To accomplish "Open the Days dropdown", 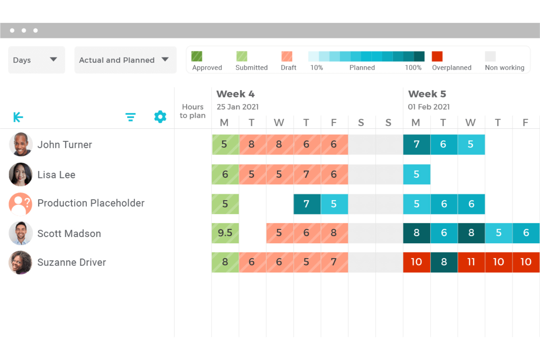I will pos(36,60).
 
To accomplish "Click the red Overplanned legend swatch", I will pos(437,57).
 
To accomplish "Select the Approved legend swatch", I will pos(197,57).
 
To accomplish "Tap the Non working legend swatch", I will pos(490,57).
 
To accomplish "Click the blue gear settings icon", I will pos(160,117).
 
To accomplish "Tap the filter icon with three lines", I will pos(130,117).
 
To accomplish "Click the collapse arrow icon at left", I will pos(18,117).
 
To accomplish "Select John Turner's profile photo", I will pos(21,144).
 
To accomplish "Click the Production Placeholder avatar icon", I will pos(20,204).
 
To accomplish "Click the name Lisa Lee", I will pos(56,175).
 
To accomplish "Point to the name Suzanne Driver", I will pos(72,262).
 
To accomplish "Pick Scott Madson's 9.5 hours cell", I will pos(225,233).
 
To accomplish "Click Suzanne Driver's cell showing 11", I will pos(471,262).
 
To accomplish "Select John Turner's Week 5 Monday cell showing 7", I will pos(416,144).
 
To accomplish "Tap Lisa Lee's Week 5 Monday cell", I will pos(416,174).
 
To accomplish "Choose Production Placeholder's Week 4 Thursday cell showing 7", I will pos(307,204).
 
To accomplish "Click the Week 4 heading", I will pos(235,94).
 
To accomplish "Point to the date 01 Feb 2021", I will pos(429,107).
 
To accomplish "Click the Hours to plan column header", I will pos(193,111).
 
